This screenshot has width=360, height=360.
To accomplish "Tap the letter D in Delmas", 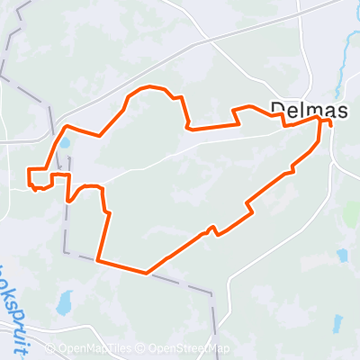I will pos(276,109).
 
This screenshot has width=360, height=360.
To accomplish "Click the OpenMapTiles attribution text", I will pos(95,349).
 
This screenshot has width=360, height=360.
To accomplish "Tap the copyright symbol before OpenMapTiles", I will pos(51,349).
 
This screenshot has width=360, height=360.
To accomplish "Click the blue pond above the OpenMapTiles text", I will pos(65,303).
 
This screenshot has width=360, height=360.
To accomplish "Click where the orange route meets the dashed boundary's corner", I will pos(96,262).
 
